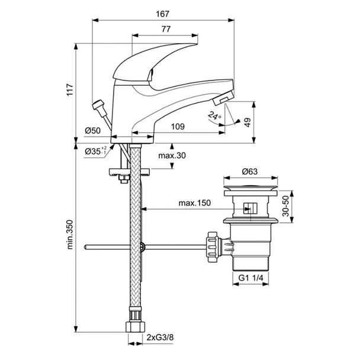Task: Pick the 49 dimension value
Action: pos(264,121)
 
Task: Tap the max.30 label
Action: pos(171,156)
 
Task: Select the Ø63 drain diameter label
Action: pos(249,172)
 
